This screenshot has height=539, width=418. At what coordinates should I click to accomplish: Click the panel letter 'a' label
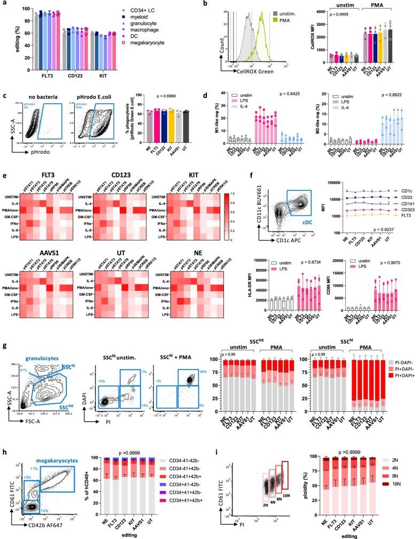[x=4, y=4]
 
